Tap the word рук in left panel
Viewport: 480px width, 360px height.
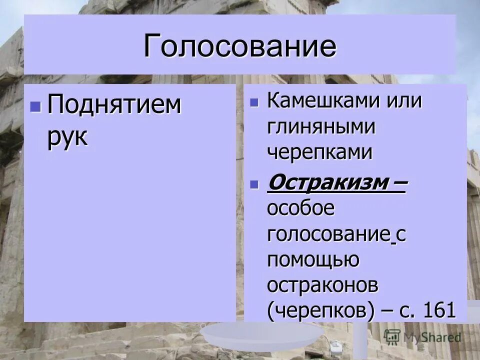tap(67, 136)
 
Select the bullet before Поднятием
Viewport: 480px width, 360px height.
tap(35, 106)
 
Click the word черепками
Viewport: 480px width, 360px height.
tap(320, 152)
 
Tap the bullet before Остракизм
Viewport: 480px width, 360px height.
tap(254, 183)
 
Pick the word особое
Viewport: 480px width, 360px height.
tap(300, 208)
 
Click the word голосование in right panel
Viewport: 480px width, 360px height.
tap(328, 234)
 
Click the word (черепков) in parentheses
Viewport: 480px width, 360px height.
tap(320, 311)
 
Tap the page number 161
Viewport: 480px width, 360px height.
tap(439, 311)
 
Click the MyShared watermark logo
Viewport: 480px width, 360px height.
tap(422, 337)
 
